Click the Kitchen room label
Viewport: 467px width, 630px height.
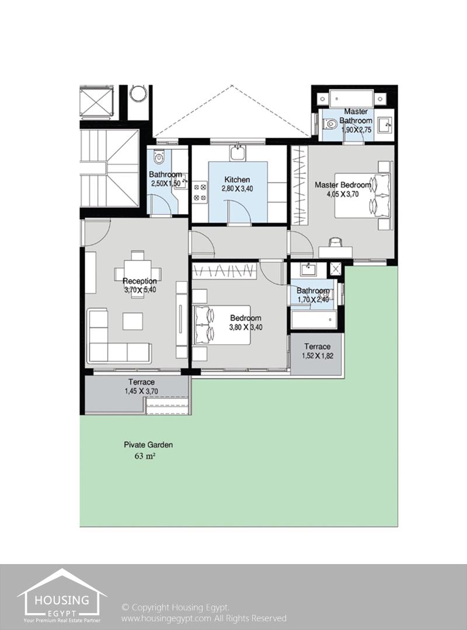click(237, 179)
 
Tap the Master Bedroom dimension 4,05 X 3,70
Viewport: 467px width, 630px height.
click(343, 194)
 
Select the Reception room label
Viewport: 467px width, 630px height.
click(140, 281)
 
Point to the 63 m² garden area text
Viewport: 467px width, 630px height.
click(145, 456)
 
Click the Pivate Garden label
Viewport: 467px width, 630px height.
click(148, 444)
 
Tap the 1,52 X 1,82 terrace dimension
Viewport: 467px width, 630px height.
click(318, 356)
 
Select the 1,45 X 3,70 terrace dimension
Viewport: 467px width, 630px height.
click(141, 391)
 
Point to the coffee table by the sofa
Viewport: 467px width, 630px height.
click(133, 321)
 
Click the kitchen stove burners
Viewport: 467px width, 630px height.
click(200, 192)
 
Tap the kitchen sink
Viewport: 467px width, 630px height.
click(238, 153)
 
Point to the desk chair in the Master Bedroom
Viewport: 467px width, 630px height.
click(336, 242)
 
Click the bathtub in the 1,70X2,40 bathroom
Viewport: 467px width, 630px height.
click(314, 320)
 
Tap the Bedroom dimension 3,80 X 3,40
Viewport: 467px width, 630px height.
click(246, 327)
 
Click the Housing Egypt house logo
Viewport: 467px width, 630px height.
click(61, 594)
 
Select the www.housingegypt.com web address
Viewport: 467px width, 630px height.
click(166, 618)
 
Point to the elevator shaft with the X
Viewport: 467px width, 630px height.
click(96, 102)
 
